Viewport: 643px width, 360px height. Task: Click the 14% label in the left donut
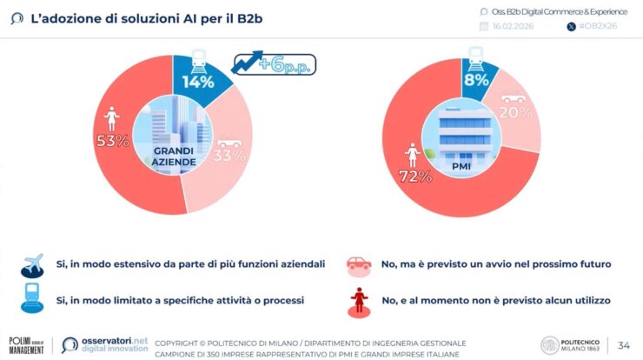point(197,83)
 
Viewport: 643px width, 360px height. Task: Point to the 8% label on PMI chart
point(477,80)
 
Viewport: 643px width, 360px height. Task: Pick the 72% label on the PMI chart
point(415,177)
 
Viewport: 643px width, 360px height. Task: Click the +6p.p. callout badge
point(273,63)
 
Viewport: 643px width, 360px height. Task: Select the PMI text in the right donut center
point(462,163)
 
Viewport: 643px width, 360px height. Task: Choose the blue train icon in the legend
point(32,299)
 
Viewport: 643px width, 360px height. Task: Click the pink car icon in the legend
point(358,264)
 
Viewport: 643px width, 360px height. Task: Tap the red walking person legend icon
point(358,300)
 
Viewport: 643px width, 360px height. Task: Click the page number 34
point(623,344)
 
